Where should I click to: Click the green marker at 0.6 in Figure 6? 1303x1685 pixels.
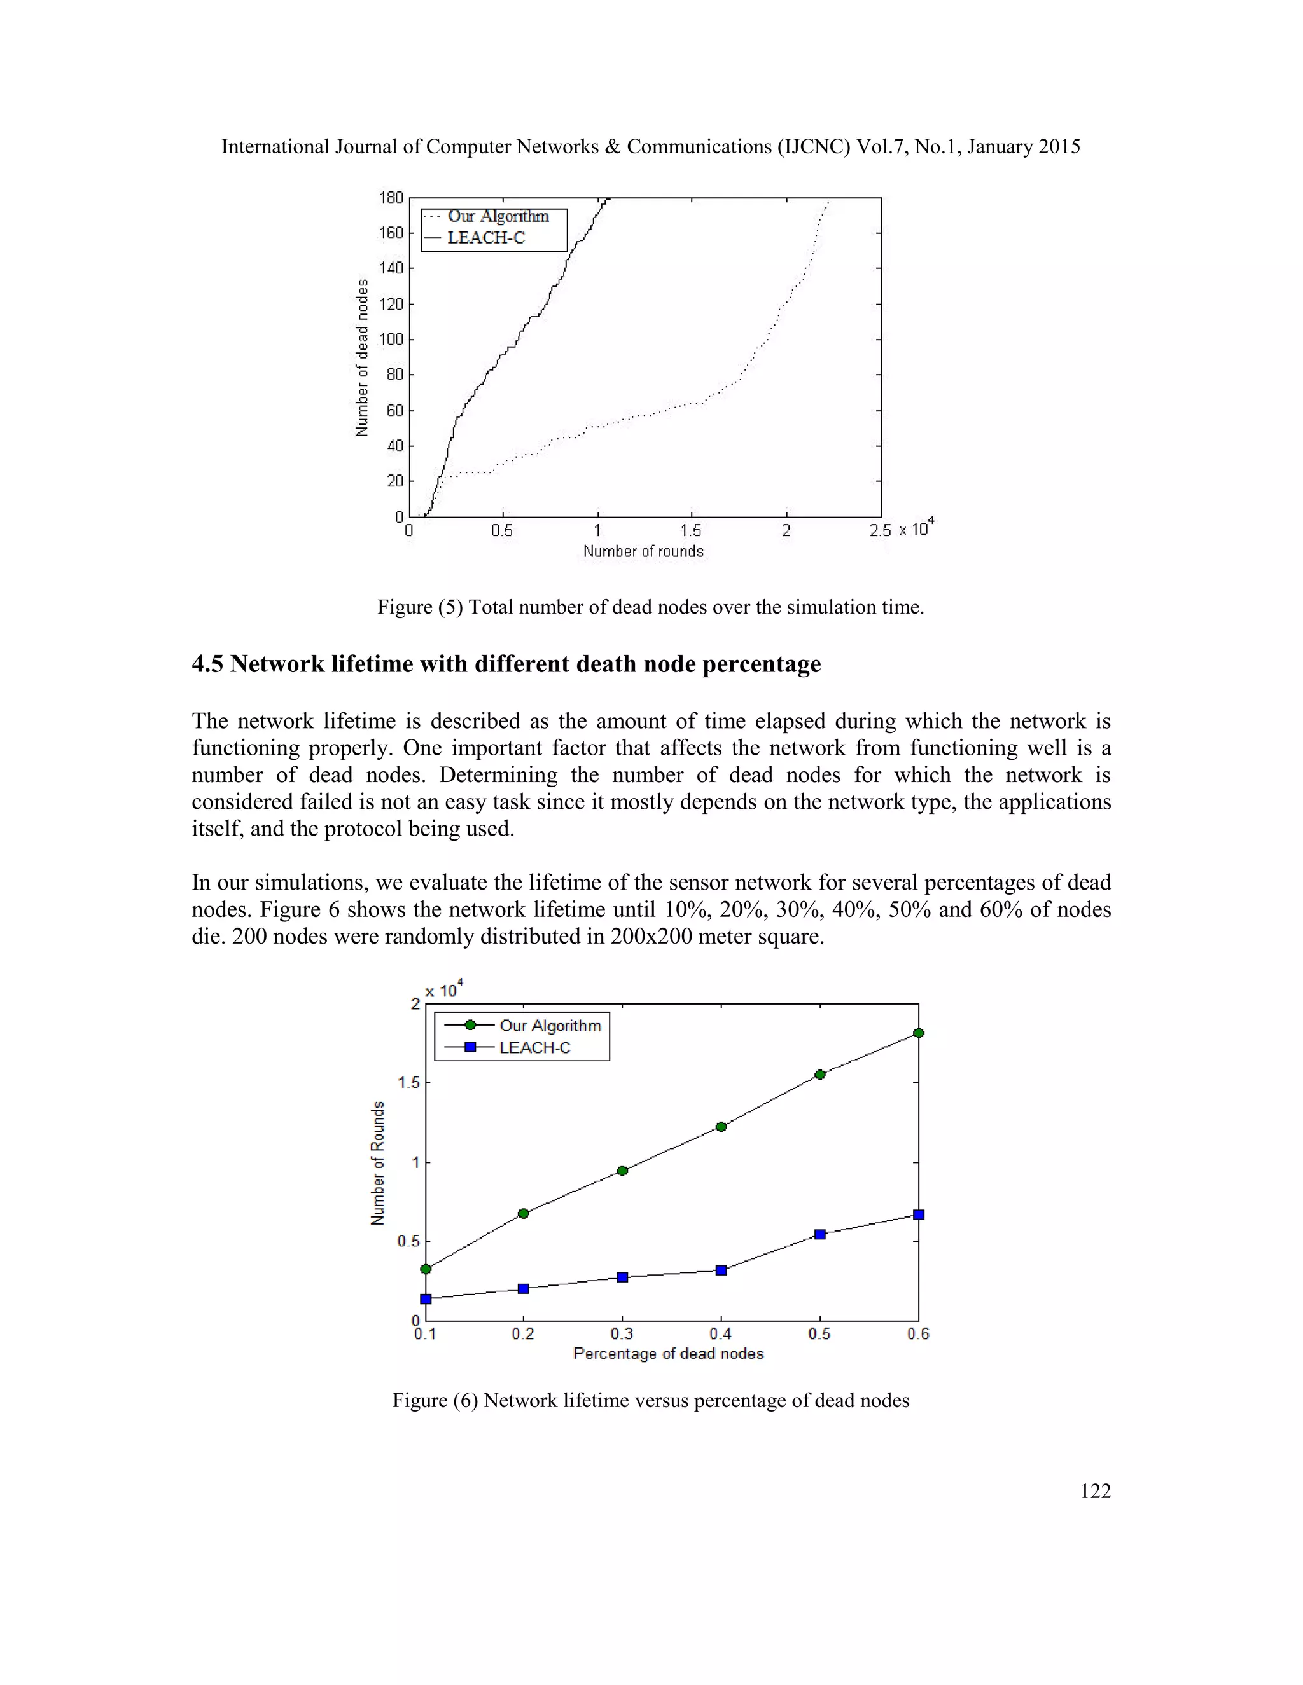918,1033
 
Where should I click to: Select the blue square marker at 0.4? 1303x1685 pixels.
721,1270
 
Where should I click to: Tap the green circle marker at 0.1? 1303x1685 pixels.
426,1269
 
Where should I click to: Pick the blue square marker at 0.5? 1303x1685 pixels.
819,1234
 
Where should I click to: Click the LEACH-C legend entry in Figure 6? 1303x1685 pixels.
534,1048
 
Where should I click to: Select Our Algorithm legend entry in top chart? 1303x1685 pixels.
498,217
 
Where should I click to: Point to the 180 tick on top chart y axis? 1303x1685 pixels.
391,198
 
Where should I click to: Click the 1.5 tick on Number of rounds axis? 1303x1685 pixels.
691,531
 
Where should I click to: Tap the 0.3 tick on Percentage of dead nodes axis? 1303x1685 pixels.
622,1334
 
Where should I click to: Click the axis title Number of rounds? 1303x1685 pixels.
643,552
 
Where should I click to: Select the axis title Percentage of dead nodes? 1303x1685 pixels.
669,1354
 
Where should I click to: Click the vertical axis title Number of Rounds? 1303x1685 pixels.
377,1163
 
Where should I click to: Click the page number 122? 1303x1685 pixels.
1094,1491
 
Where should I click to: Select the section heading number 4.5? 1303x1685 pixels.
207,664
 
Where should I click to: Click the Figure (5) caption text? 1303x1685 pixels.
650,607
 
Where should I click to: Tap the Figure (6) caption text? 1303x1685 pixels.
650,1400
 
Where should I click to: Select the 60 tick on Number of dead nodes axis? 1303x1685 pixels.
394,411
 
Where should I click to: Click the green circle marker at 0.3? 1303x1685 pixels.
622,1171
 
